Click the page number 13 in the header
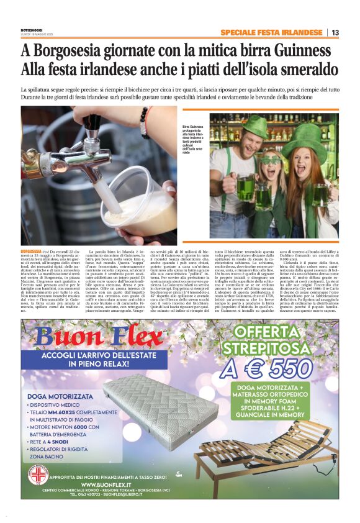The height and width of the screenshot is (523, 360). (335, 32)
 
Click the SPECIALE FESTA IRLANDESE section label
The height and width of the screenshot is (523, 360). (271, 32)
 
